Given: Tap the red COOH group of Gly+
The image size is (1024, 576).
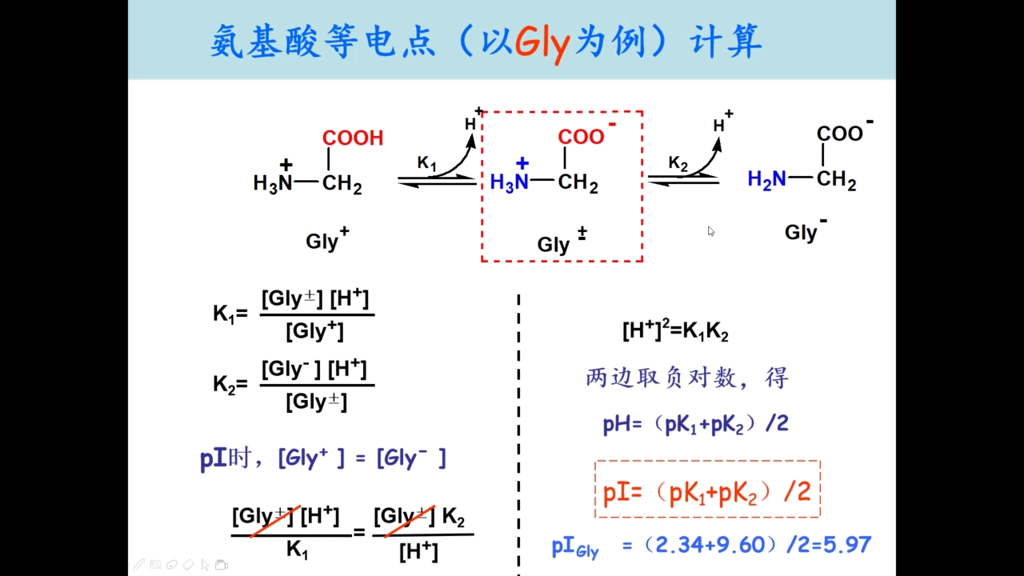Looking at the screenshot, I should [353, 138].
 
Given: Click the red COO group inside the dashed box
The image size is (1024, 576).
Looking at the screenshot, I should [582, 136].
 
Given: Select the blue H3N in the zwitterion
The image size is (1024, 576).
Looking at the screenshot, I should [509, 182].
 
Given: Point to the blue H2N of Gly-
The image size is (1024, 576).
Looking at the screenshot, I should [766, 180].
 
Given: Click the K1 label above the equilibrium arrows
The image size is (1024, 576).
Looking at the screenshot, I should [427, 163].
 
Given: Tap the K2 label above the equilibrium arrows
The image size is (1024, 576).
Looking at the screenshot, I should [678, 163].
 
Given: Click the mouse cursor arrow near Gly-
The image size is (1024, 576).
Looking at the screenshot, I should [710, 231].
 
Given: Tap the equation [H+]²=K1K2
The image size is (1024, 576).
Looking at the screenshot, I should [675, 331].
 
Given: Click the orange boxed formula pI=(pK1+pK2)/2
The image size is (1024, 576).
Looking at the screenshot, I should [707, 492].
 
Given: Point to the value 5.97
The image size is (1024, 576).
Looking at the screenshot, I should [846, 546].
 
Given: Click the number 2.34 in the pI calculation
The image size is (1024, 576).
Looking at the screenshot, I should [676, 546].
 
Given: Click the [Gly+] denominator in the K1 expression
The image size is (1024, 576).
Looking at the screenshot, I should [316, 330].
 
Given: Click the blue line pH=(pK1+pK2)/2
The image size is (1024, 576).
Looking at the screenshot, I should [695, 424].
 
